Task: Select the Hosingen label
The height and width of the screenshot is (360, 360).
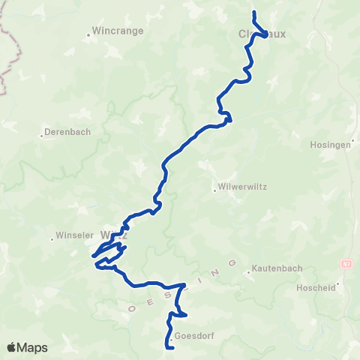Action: point(330,145)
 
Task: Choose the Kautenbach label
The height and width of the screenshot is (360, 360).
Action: point(277,268)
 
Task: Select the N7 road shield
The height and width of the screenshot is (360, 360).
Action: point(346,264)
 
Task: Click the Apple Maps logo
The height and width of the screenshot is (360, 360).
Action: point(28,347)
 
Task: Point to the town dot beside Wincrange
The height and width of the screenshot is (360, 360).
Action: point(89,33)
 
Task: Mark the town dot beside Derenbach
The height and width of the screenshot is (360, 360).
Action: point(42,136)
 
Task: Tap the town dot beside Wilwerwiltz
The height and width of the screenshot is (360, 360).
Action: point(215,189)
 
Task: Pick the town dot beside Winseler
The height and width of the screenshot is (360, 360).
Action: point(52,240)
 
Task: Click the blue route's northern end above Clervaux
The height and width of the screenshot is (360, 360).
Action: point(254,13)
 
